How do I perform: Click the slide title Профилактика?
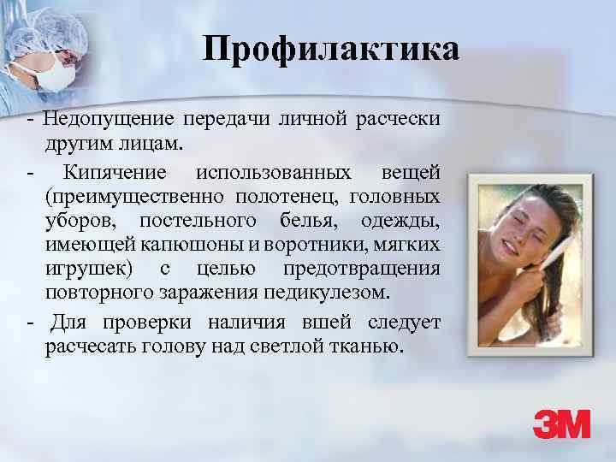pyautogui.click(x=331, y=50)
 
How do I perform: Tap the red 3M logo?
pyautogui.click(x=561, y=425)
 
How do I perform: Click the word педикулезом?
pyautogui.click(x=329, y=293)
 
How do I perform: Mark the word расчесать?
pyautogui.click(x=86, y=345)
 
